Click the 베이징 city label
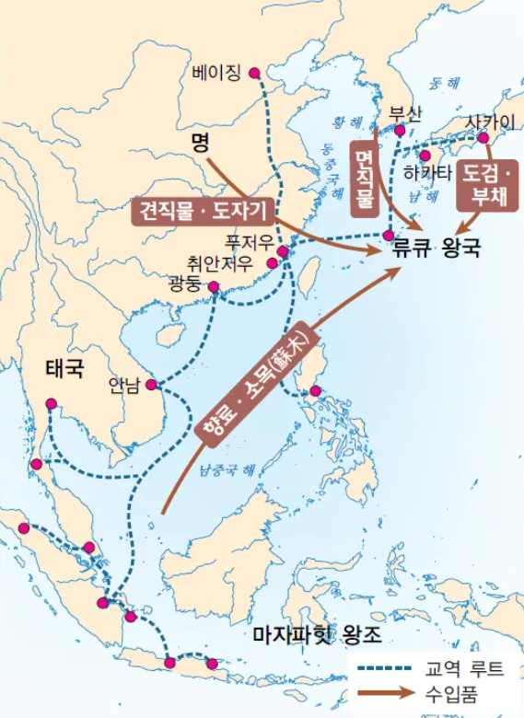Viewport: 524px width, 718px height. point(218,72)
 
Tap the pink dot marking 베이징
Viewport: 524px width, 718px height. point(254,73)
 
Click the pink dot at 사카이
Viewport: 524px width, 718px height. point(483,138)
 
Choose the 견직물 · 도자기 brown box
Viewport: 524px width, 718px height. point(201,211)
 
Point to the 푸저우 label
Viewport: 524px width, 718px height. point(249,241)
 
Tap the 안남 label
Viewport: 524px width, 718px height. point(124,385)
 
